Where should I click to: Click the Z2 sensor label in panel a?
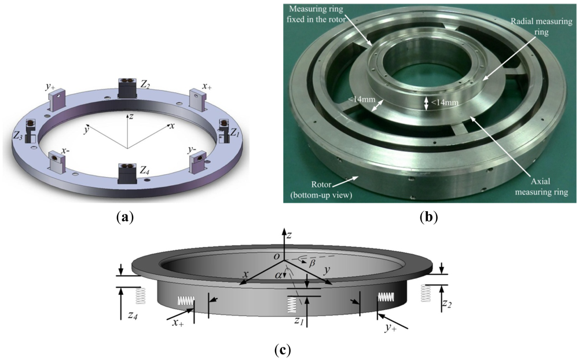click(x=145, y=84)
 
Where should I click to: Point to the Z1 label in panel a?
click(x=234, y=133)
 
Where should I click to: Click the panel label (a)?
click(x=125, y=218)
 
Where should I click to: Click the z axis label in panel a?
click(x=131, y=116)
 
